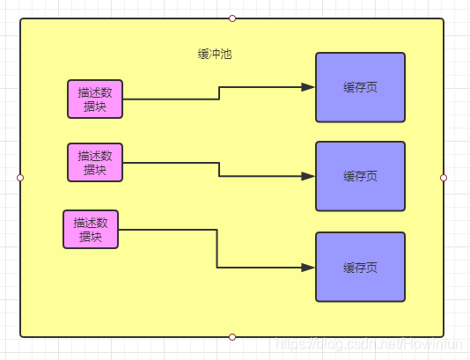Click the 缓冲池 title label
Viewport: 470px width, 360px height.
215,54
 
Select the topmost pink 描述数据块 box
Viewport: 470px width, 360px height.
95,99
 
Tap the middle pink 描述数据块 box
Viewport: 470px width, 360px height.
95,162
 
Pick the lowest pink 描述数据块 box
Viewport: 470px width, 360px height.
91,229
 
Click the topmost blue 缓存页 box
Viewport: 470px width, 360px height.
360,87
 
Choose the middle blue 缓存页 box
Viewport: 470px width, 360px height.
360,176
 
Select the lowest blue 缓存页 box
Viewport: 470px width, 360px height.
360,267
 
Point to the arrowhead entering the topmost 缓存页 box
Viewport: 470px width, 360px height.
308,87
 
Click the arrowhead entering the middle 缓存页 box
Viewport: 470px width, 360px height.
308,176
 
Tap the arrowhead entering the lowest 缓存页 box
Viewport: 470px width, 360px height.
308,267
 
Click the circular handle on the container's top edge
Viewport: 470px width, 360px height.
232,18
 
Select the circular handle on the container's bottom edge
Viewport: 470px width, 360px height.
232,337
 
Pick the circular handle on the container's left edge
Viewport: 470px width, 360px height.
20,178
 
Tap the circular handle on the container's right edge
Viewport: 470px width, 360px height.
444,178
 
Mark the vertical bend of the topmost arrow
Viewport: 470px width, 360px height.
219,93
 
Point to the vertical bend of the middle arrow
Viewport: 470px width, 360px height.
219,169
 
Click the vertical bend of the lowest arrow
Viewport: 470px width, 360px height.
217,248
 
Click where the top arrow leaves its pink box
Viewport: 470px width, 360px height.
124,99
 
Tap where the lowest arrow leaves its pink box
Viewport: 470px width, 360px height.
120,230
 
